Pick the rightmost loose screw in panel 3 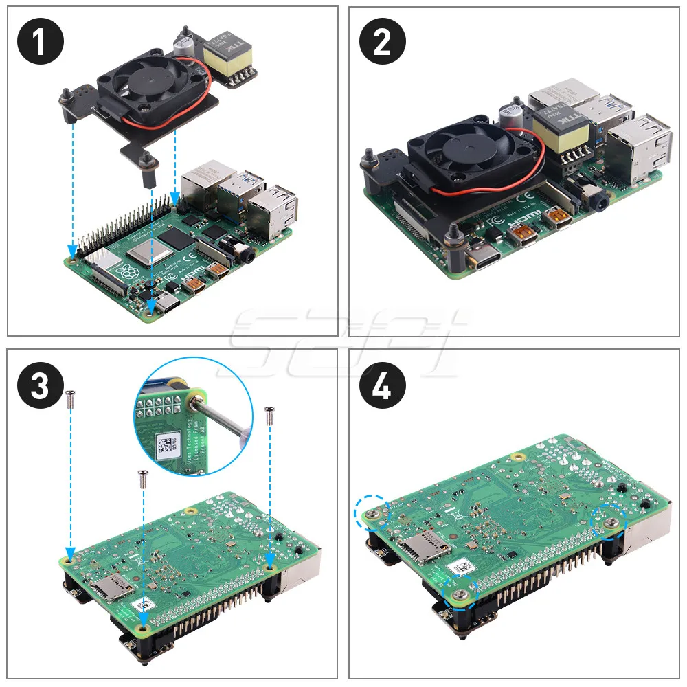pos(269,414)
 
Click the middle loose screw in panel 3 pos(143,477)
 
